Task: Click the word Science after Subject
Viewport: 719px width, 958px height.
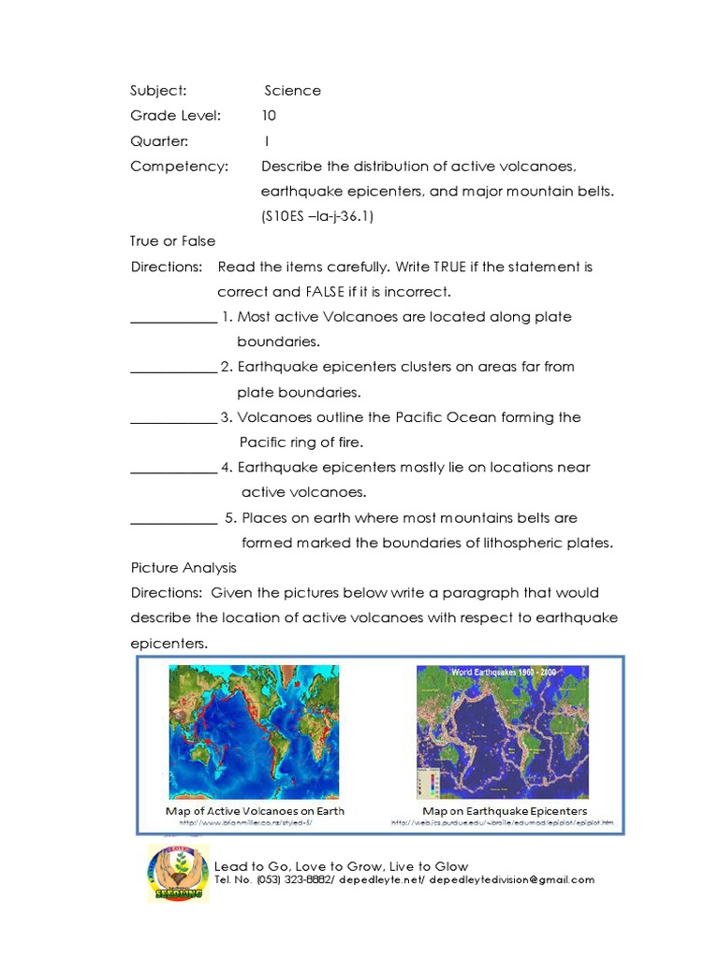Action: coord(292,91)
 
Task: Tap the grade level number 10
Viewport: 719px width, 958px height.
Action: coord(270,116)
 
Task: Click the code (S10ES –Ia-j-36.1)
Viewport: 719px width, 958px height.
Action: coord(323,217)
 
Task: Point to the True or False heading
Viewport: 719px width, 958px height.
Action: coord(172,241)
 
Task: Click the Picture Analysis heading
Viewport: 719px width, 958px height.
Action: coord(183,568)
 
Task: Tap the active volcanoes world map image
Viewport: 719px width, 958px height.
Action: coord(256,731)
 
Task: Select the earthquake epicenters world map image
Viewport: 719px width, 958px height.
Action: coord(503,731)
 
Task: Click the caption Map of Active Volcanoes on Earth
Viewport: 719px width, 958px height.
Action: coord(255,811)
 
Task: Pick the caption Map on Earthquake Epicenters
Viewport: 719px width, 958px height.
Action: coord(505,811)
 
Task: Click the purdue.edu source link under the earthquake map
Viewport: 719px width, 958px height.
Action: coord(503,823)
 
